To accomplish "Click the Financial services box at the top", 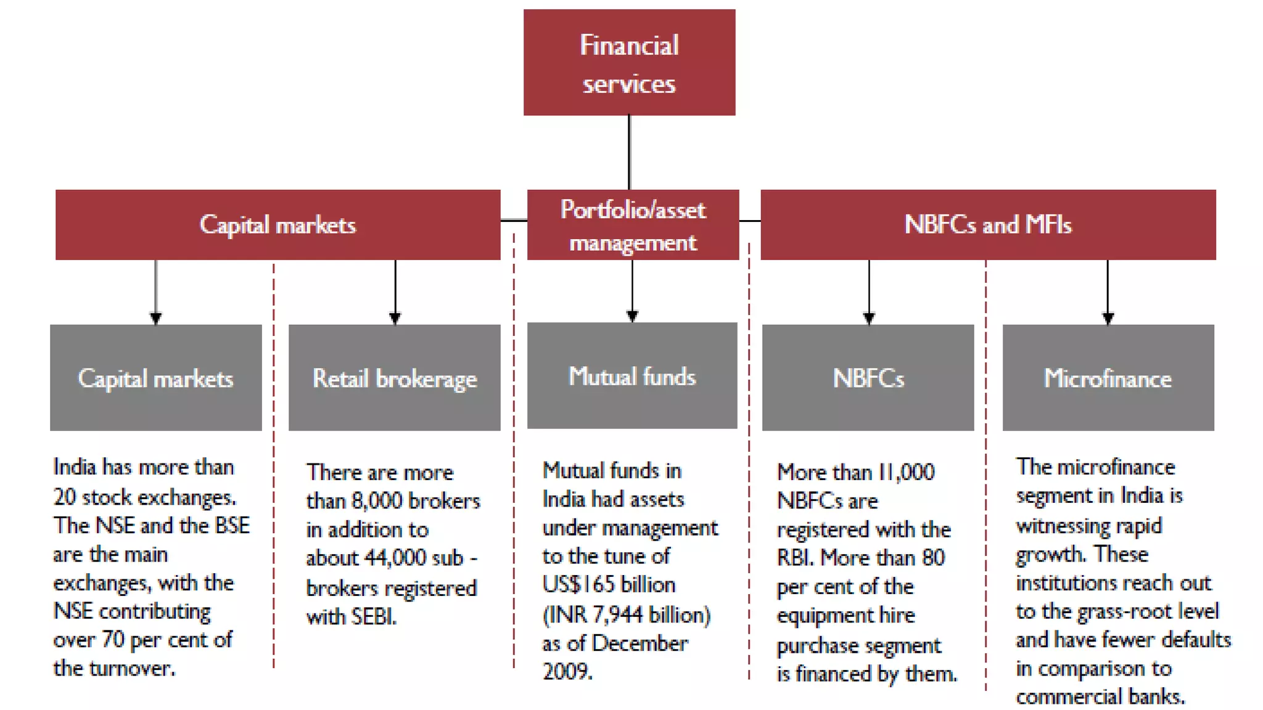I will click(x=629, y=62).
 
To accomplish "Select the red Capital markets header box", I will click(x=278, y=225).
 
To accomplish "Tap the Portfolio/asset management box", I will click(x=633, y=225).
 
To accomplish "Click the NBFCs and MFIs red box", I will click(x=988, y=225).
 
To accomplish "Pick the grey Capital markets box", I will click(x=155, y=378).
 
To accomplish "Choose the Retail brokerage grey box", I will click(x=395, y=378).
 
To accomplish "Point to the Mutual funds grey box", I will click(x=632, y=376).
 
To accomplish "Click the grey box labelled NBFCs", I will click(x=868, y=378).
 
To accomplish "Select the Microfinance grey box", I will click(x=1108, y=378).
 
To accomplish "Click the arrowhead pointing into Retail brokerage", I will click(x=395, y=318).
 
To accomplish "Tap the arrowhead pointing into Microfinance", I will click(x=1108, y=318).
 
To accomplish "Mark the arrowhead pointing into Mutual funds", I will click(x=632, y=316).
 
